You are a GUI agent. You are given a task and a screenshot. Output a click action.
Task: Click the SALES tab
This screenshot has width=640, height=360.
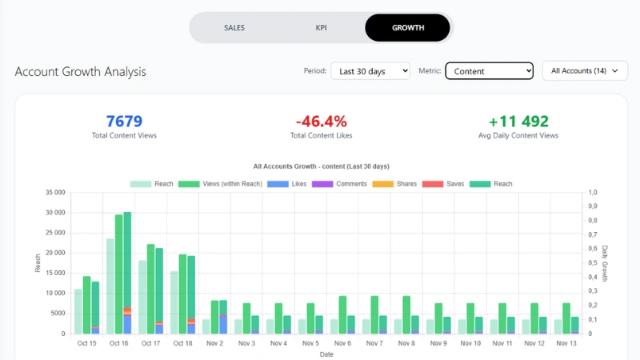(234, 28)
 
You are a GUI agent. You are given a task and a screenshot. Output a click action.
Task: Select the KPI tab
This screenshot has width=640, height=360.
(321, 28)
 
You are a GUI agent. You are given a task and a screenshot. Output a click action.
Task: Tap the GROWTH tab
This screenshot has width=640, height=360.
(407, 28)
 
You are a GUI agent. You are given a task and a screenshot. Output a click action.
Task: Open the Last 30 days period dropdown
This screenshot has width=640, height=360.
(370, 71)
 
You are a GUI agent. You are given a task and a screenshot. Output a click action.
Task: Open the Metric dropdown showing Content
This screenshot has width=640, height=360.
(489, 71)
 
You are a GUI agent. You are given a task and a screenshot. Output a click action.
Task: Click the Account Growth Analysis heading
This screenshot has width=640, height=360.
(80, 72)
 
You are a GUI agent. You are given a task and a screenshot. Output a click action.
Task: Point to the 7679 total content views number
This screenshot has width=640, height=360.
(124, 122)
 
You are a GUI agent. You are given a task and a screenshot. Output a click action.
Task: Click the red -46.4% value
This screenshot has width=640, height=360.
(321, 122)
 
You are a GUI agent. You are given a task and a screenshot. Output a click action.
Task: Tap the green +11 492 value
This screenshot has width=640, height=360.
(518, 122)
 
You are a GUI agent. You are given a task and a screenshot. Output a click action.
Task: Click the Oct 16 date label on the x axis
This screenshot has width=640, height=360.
(118, 343)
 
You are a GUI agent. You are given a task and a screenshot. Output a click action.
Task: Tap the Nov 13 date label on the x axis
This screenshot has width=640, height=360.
(566, 343)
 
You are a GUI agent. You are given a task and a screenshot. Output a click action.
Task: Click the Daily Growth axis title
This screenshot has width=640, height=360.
(605, 263)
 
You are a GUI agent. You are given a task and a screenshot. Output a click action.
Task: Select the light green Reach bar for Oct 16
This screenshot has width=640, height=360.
(110, 286)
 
